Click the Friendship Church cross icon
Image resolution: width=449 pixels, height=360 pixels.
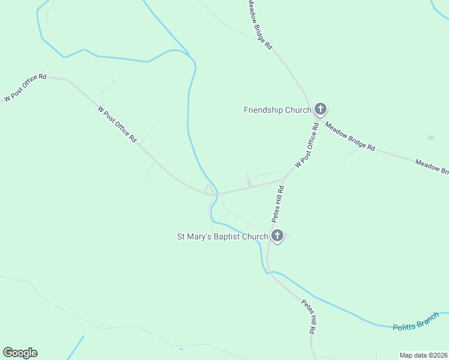[x=321, y=109]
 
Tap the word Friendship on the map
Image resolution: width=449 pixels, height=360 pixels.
[x=263, y=110]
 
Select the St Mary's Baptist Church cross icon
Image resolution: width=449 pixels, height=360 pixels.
[x=277, y=236]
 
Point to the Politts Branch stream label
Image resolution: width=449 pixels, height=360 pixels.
[x=417, y=324]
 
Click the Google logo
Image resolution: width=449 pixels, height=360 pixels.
[x=20, y=353]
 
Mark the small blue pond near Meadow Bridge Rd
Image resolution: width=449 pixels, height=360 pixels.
[x=430, y=138]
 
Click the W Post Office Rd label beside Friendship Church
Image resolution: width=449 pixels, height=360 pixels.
[x=306, y=145]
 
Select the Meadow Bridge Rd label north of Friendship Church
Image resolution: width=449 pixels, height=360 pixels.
[x=261, y=24]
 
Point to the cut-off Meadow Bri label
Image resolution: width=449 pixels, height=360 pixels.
[x=432, y=167]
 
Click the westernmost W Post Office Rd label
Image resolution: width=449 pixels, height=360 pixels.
[x=25, y=88]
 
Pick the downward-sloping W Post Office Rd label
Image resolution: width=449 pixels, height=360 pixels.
[x=116, y=124]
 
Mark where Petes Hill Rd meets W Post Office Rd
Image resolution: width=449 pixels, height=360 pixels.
[x=283, y=179]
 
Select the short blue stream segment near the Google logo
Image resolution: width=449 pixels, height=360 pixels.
[x=76, y=346]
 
